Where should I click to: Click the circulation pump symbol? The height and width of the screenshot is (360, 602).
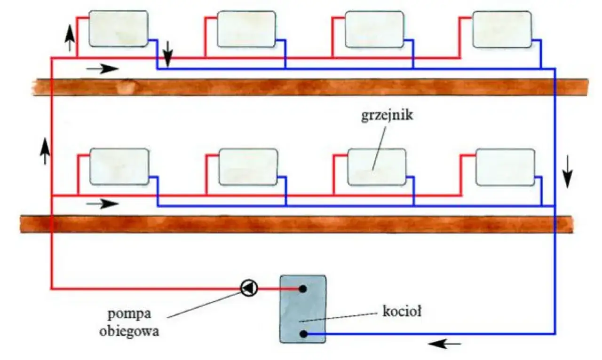pos(249,288)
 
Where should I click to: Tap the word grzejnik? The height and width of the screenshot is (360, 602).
pos(387,116)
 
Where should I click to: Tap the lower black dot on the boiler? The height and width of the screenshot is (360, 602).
pos(304,334)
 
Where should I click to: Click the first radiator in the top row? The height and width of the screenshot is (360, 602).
pos(119,29)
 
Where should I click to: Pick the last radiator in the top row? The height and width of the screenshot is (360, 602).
pos(502,30)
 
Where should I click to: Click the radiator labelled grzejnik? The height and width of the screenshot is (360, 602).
pos(376,167)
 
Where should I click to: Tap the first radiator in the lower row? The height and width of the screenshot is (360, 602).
pos(119,166)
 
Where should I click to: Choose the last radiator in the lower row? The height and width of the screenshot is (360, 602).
pos(505,167)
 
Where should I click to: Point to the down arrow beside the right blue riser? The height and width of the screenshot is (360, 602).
pos(568,171)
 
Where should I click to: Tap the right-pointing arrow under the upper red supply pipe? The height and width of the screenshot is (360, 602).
pos(103,68)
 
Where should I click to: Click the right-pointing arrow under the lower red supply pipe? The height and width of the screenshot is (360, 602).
pos(103,203)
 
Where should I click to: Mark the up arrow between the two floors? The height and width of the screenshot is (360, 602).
pos(45,150)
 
